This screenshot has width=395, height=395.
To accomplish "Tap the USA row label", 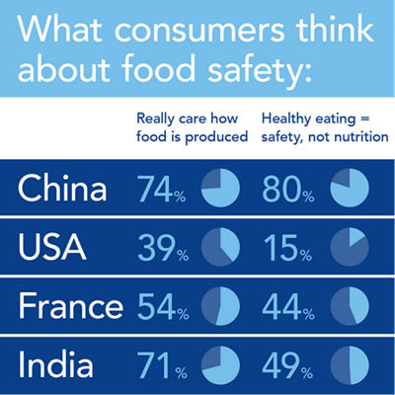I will (x=52, y=248).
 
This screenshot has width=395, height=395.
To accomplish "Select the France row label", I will (x=69, y=307).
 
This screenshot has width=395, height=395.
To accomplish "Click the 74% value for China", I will (x=161, y=189).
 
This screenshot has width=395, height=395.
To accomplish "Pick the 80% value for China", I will (x=288, y=189).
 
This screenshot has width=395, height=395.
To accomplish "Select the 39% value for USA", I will (x=161, y=248).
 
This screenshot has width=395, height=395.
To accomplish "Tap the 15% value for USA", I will (x=288, y=248).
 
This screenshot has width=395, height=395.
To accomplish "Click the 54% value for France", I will (x=161, y=307).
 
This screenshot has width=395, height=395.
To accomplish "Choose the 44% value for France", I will (x=288, y=307).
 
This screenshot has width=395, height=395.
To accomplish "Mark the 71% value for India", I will (x=161, y=366).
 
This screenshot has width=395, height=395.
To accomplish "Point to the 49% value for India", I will (x=288, y=366).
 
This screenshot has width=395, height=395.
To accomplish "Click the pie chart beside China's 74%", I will (x=220, y=189).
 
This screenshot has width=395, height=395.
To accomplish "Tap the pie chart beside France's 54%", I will (x=220, y=307).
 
